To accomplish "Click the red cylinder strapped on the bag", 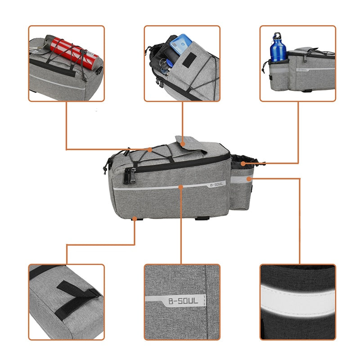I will tap(72, 52).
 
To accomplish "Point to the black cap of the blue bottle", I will tap(277, 36).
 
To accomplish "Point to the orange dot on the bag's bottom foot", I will tap(135, 219).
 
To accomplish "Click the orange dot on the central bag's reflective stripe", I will tap(181, 185).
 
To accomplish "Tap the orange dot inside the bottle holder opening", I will tap(243, 163).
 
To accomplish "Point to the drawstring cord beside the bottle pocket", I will tap(265, 67).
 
